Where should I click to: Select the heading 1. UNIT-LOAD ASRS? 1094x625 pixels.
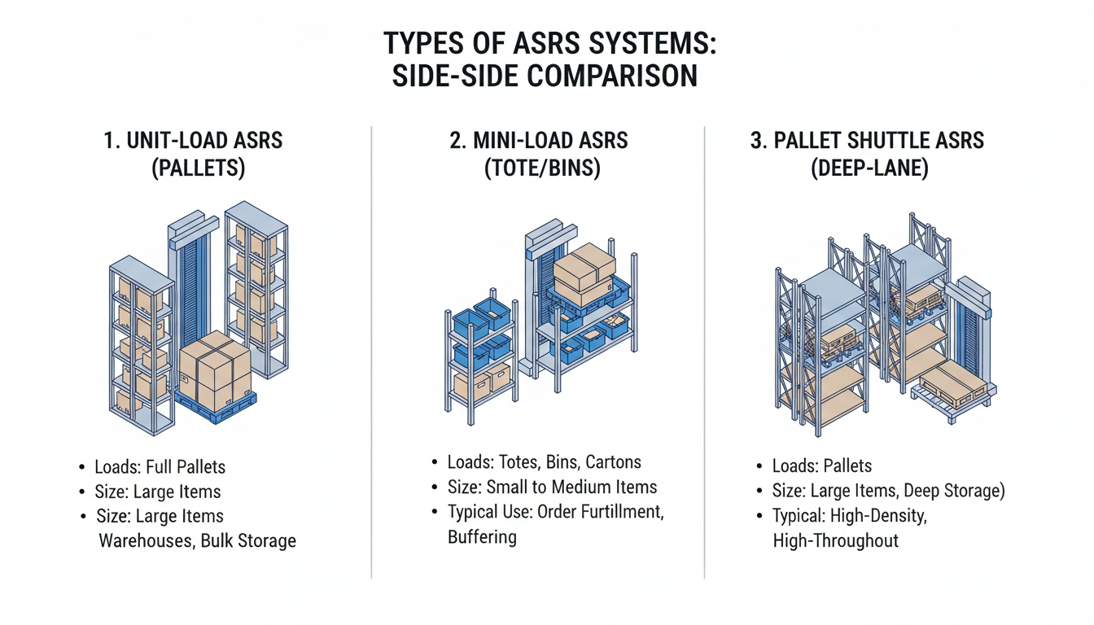pyautogui.click(x=193, y=140)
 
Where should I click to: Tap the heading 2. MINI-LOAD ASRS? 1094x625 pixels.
pyautogui.click(x=538, y=140)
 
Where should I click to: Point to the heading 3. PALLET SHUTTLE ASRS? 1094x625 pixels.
pyautogui.click(x=867, y=140)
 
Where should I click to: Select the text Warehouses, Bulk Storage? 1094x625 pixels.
pyautogui.click(x=197, y=540)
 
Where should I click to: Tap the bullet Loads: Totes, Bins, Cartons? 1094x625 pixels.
pyautogui.click(x=544, y=462)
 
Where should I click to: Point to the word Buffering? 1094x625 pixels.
pyautogui.click(x=482, y=538)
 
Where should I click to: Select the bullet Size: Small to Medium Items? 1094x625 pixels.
pyautogui.click(x=551, y=487)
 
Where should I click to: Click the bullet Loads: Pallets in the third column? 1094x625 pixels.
pyautogui.click(x=821, y=466)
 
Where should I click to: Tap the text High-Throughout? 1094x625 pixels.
pyautogui.click(x=835, y=540)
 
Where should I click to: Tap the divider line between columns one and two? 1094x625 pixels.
pyautogui.click(x=372, y=350)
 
